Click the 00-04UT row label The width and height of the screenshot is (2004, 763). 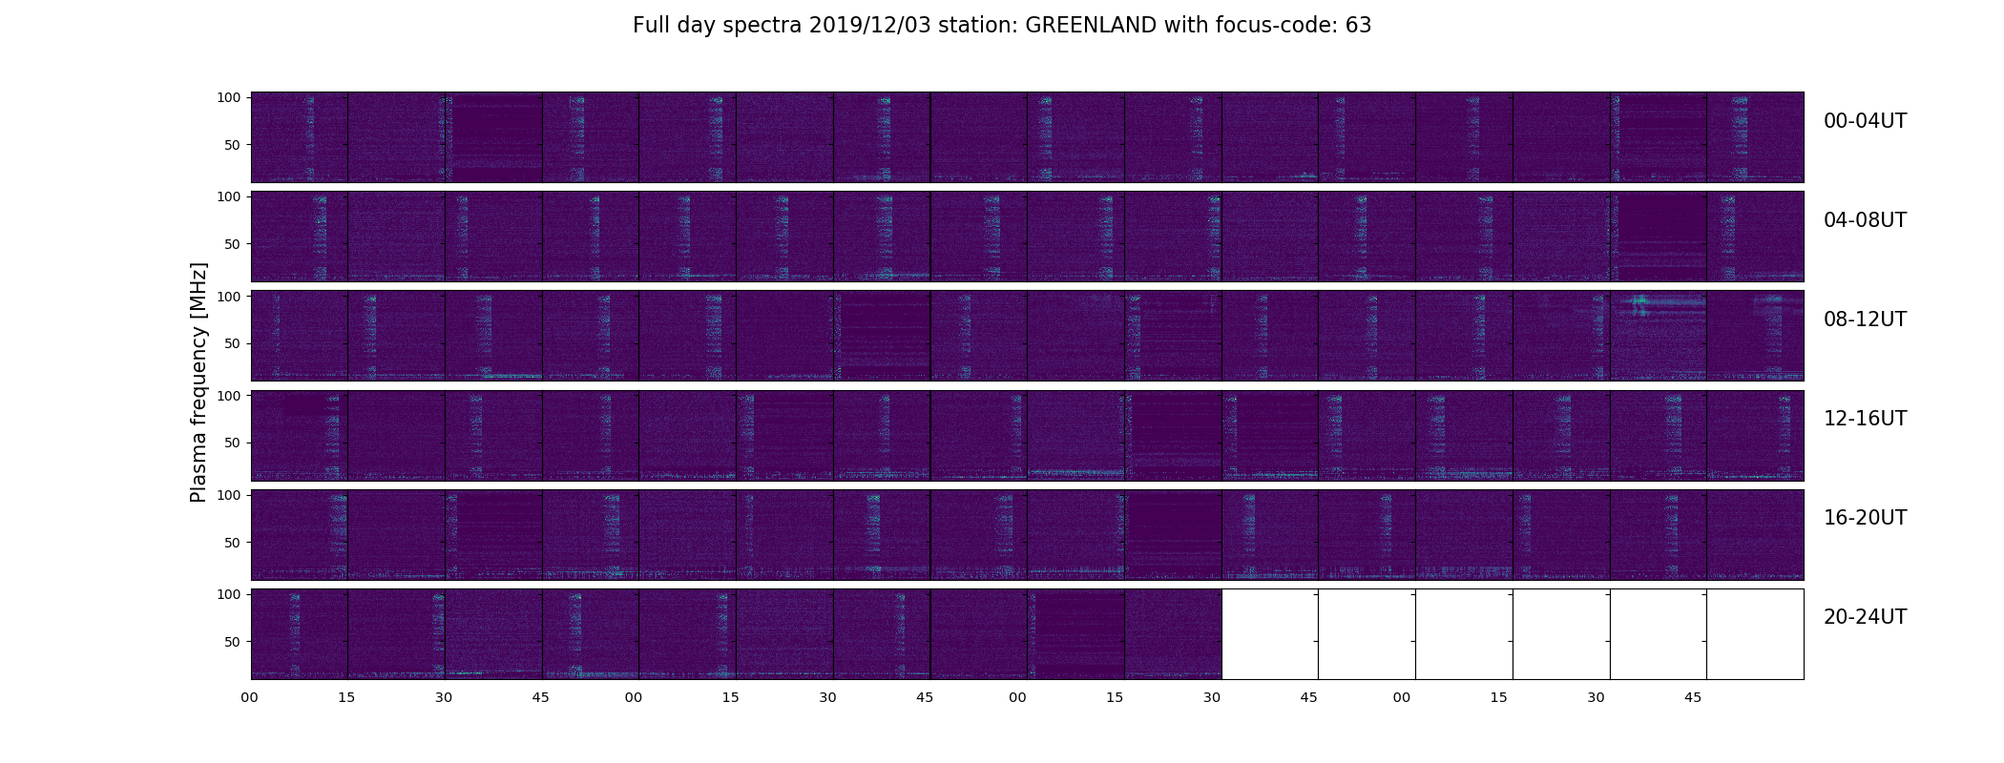(1865, 121)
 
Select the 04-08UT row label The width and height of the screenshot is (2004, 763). (1865, 220)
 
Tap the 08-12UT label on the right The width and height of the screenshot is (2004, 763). (1865, 320)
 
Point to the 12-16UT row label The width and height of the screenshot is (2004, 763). (1865, 419)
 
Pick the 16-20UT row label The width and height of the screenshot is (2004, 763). (1865, 518)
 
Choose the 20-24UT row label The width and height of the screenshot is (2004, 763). (1865, 617)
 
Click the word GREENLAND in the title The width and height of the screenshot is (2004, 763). (1091, 26)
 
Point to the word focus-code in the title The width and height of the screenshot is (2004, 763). (1274, 26)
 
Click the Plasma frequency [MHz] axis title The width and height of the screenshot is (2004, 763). (198, 382)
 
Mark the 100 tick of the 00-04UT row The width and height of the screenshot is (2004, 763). (228, 97)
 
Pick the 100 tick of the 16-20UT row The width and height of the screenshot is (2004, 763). (228, 495)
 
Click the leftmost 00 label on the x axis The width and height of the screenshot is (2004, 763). (249, 698)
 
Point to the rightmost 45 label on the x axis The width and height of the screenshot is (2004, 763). (1692, 698)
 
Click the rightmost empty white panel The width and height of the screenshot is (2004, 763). (1755, 634)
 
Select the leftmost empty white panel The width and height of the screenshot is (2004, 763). (1270, 634)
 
